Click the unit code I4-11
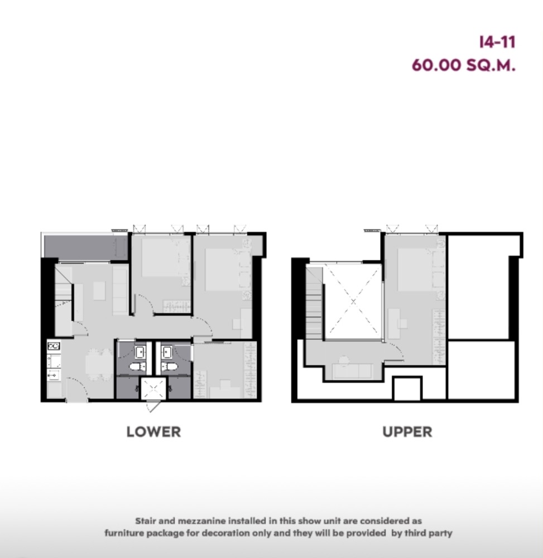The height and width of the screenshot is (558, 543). [x=497, y=42]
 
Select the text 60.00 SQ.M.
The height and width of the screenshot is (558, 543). [x=463, y=65]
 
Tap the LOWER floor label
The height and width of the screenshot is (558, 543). [x=153, y=431]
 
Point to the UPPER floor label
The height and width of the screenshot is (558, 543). [x=407, y=431]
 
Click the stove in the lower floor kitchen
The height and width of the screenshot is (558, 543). [x=54, y=347]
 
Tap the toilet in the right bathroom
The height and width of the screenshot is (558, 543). [x=169, y=367]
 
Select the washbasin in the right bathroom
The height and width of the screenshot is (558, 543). [x=167, y=352]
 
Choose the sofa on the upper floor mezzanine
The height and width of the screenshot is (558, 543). [x=352, y=370]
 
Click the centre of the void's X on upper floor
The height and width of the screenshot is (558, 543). [x=353, y=301]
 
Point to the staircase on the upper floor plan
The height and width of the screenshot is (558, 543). [x=314, y=304]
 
